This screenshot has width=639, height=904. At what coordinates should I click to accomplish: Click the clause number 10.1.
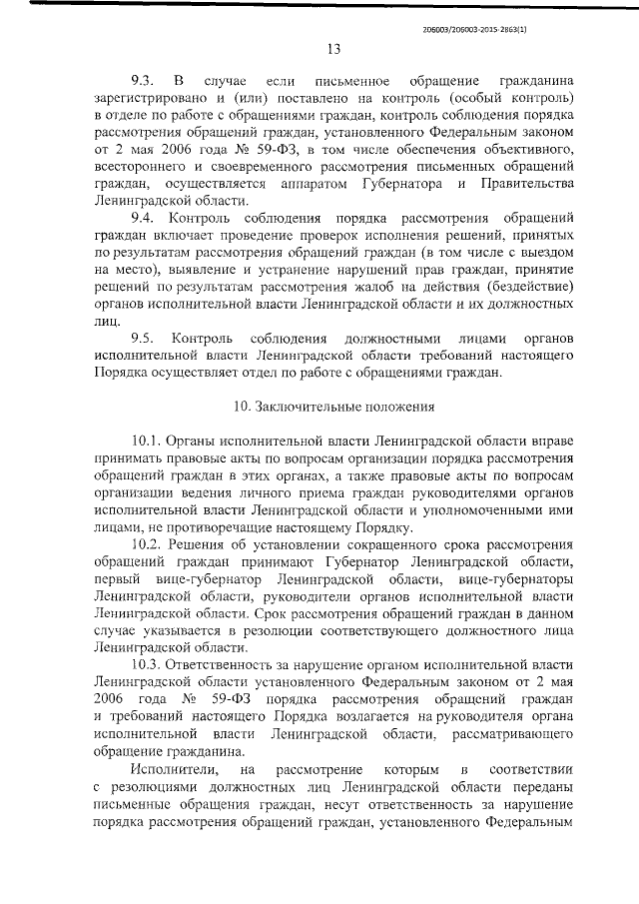tap(149, 441)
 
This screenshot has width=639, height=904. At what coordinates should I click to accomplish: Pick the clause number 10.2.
tap(149, 543)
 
